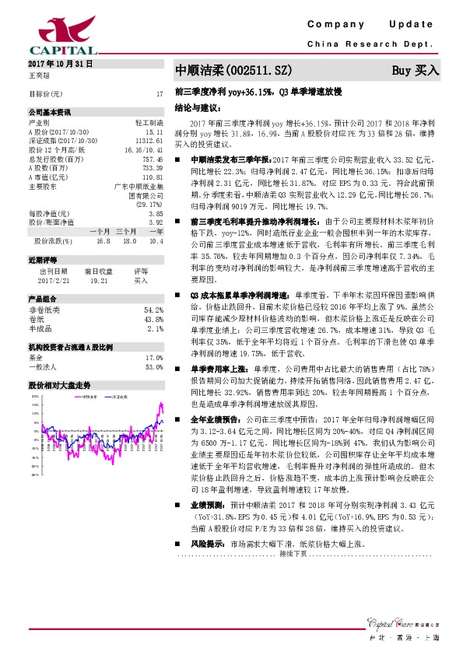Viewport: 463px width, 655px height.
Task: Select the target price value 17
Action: (x=160, y=93)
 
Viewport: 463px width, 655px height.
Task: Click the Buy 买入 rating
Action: (x=416, y=71)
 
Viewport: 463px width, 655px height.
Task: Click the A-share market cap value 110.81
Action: (x=153, y=178)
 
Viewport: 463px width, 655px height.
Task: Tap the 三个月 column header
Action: (x=127, y=231)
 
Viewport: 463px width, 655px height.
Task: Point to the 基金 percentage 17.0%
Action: (x=153, y=357)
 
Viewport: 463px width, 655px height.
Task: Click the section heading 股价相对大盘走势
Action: (x=60, y=385)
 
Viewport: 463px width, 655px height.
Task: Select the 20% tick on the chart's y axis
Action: (x=34, y=396)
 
